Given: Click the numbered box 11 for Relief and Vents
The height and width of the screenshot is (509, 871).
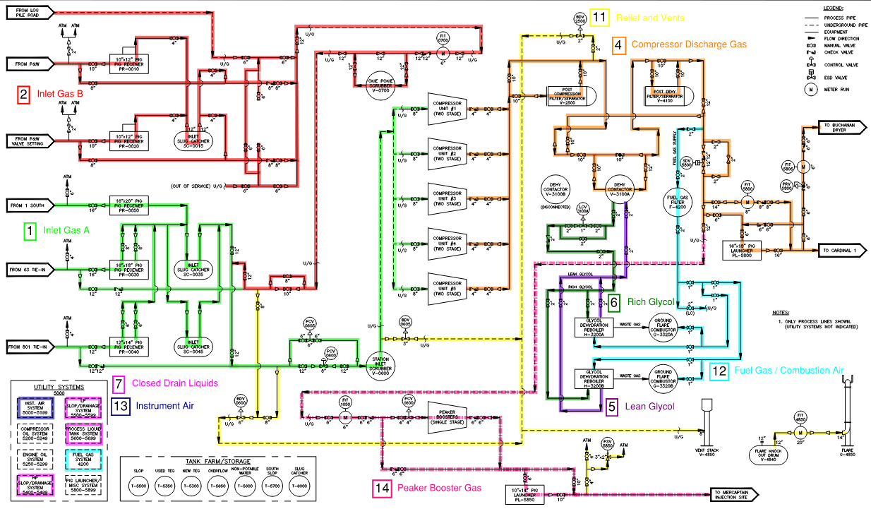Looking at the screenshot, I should coord(600,18).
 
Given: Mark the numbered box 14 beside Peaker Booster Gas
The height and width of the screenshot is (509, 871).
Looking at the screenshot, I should coord(382,488).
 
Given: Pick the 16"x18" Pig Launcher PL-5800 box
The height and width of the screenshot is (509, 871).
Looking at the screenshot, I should coord(757,249).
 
